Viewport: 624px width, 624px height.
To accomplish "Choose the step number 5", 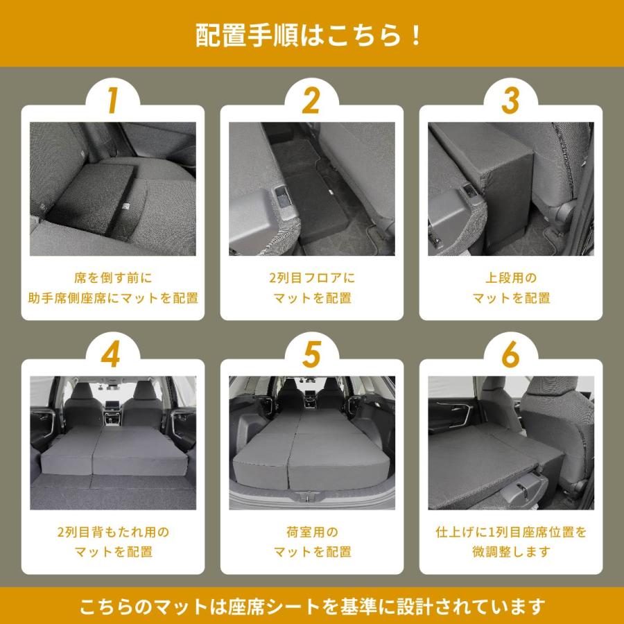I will [311, 356].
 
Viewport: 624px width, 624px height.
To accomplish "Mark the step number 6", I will [510, 356].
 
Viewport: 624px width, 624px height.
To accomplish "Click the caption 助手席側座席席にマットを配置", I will [113, 298].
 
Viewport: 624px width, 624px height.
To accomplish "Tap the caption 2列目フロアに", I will [311, 278].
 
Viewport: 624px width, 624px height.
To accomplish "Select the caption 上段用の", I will [511, 278].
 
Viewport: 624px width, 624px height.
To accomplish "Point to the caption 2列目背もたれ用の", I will [113, 532].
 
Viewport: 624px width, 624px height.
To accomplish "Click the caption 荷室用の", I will [311, 532].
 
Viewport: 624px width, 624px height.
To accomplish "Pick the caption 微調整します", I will [511, 553].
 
